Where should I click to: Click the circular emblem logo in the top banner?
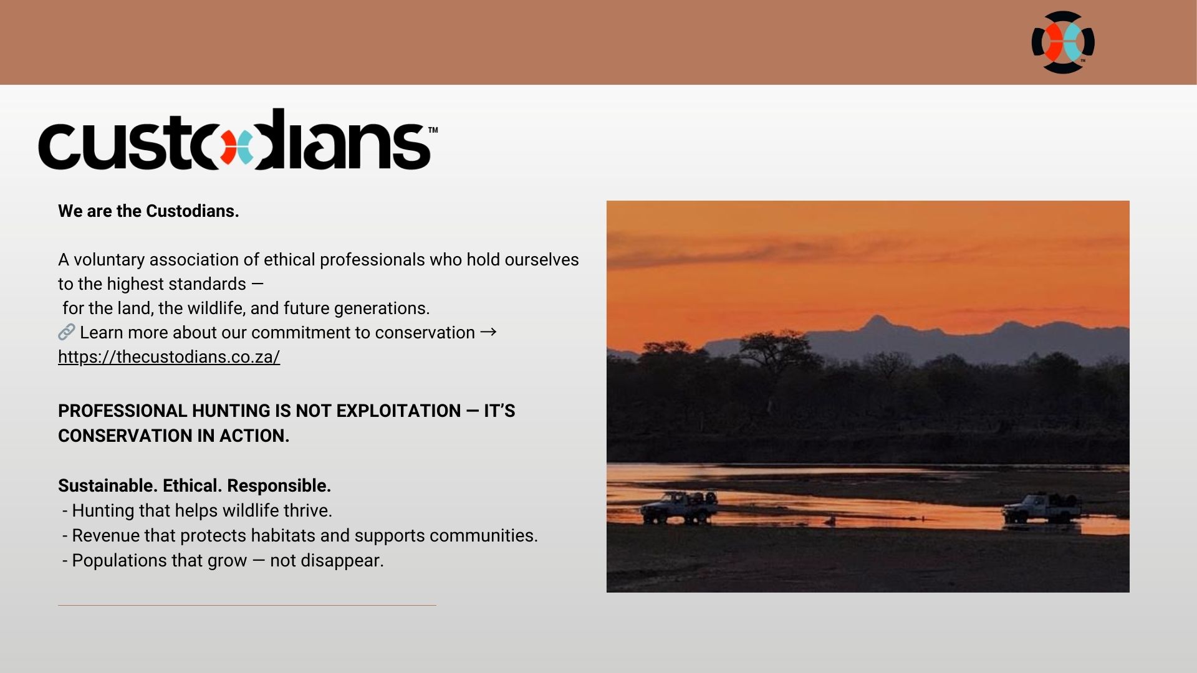1063,42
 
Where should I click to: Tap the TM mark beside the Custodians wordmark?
433,130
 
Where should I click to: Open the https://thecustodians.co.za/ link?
169,357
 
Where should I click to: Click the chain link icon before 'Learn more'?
67,332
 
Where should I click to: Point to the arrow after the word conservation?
488,332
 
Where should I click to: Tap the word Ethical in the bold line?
192,485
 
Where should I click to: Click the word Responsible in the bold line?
279,486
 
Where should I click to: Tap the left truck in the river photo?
679,507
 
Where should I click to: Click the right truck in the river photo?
1042,508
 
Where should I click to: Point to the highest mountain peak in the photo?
877,318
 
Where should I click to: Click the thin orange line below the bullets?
247,605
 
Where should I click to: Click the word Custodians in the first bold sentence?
192,211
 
